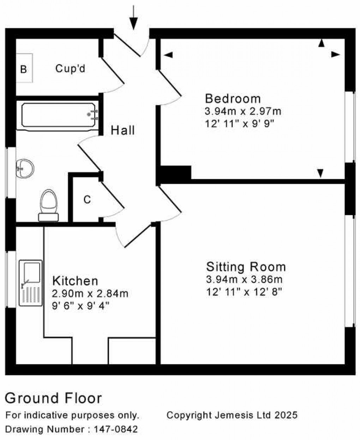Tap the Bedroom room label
point(233,98)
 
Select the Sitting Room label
point(246,267)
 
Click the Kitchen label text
point(75,281)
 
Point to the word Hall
point(123,130)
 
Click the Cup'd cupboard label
point(70,68)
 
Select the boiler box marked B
point(24,69)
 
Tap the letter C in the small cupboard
point(87,200)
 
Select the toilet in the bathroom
point(49,205)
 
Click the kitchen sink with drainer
point(31,283)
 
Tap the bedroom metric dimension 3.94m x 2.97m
point(243,112)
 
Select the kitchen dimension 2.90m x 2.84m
point(90,294)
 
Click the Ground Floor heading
point(53,398)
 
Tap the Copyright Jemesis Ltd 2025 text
point(232,415)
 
